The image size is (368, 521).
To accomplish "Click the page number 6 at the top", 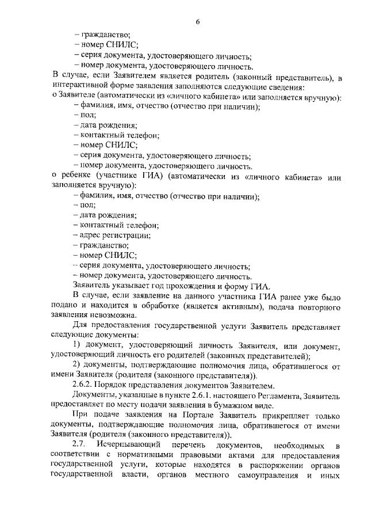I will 197,22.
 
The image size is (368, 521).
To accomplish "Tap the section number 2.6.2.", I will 86,385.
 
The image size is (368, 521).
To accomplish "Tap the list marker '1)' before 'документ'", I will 79,344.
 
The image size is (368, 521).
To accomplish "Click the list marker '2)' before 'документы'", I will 79,365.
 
